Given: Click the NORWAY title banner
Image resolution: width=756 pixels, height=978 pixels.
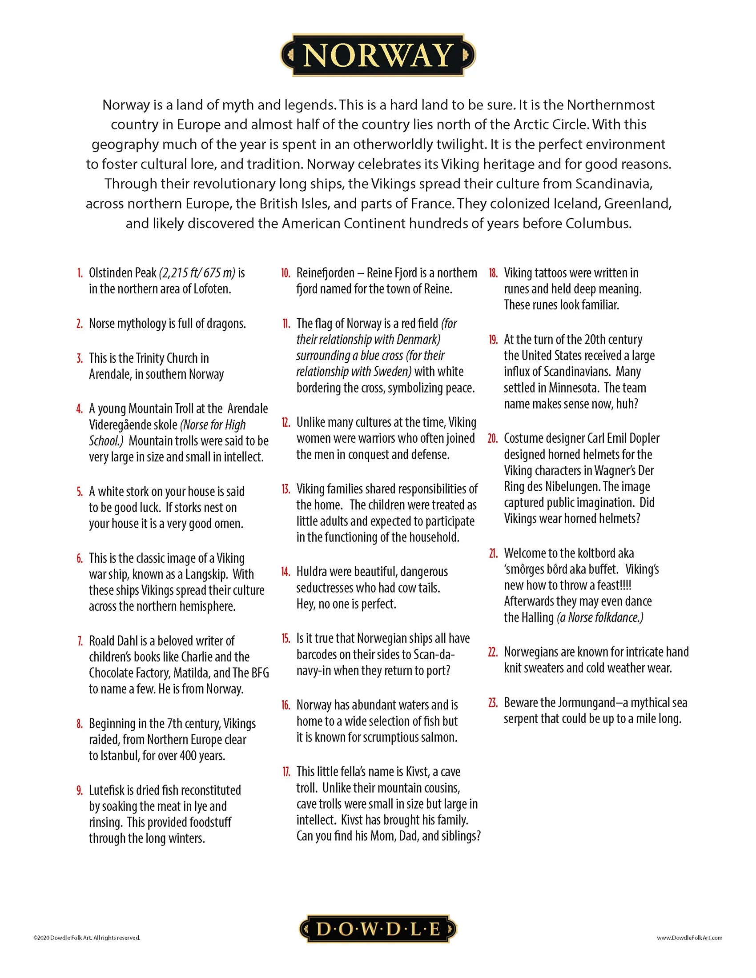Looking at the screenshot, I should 378,55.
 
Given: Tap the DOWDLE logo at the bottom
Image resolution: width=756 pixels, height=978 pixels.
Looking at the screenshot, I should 378,929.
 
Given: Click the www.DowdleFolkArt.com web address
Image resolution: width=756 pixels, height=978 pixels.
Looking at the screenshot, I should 689,937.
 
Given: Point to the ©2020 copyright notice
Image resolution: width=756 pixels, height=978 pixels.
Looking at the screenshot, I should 87,937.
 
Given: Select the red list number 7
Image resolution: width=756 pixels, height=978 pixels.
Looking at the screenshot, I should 80,641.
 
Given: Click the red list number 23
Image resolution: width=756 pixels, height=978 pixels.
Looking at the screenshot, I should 493,702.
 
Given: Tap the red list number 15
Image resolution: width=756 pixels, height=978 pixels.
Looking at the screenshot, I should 286,638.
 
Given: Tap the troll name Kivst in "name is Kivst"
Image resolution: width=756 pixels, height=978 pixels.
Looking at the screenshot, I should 417,772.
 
